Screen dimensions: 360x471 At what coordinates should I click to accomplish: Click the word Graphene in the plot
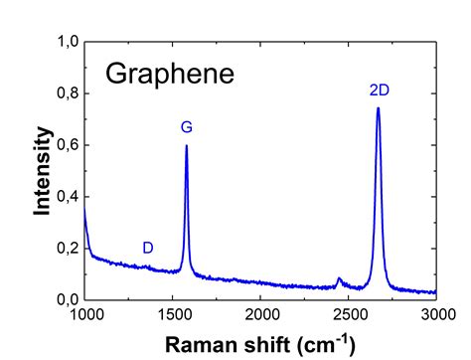point(170,75)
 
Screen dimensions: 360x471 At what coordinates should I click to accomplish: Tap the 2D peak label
point(379,90)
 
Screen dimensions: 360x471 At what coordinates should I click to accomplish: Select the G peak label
point(186,127)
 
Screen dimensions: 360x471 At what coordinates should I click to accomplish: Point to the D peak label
point(147,248)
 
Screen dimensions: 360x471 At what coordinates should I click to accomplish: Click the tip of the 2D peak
point(379,107)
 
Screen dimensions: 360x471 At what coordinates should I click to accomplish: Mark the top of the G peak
point(186,146)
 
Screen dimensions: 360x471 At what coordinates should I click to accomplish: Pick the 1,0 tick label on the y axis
point(67,43)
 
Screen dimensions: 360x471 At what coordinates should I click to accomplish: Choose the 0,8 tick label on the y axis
point(67,94)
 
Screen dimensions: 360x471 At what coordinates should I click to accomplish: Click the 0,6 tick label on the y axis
point(67,146)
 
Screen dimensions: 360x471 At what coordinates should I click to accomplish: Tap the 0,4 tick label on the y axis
point(67,197)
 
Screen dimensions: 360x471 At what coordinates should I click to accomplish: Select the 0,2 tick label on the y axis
point(67,249)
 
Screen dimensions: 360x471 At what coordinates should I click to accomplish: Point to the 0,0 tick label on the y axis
point(67,299)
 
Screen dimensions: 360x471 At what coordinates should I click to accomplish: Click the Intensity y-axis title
point(43,171)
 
